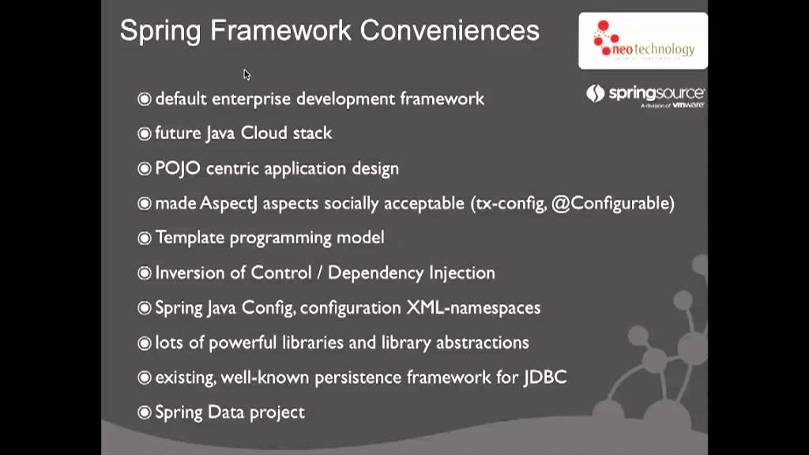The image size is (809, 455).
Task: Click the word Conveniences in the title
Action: pos(450,31)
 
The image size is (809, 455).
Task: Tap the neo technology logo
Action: pos(643,40)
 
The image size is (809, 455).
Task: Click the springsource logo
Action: pos(645,95)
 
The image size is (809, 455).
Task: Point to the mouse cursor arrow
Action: pos(246,74)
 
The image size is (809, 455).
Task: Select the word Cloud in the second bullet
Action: pos(265,133)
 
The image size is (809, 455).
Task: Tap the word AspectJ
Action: pos(229,203)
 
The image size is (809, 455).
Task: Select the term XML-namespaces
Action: pos(473,307)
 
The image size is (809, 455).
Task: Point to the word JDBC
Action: pos(545,377)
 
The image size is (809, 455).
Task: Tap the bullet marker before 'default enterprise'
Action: pos(144,99)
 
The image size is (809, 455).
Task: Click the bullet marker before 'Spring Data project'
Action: pos(144,412)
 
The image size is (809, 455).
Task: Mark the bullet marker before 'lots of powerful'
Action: pos(144,343)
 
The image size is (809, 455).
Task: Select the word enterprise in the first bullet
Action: pos(248,99)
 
